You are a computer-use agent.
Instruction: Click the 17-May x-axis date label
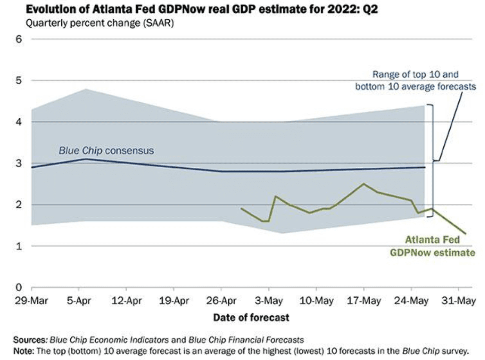[x=364, y=301]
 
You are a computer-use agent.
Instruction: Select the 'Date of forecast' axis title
[x=251, y=317]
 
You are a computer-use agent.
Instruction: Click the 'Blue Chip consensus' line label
[x=106, y=151]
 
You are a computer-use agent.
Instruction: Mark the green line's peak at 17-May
[x=364, y=184]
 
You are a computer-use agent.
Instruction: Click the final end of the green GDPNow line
[x=465, y=234]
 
